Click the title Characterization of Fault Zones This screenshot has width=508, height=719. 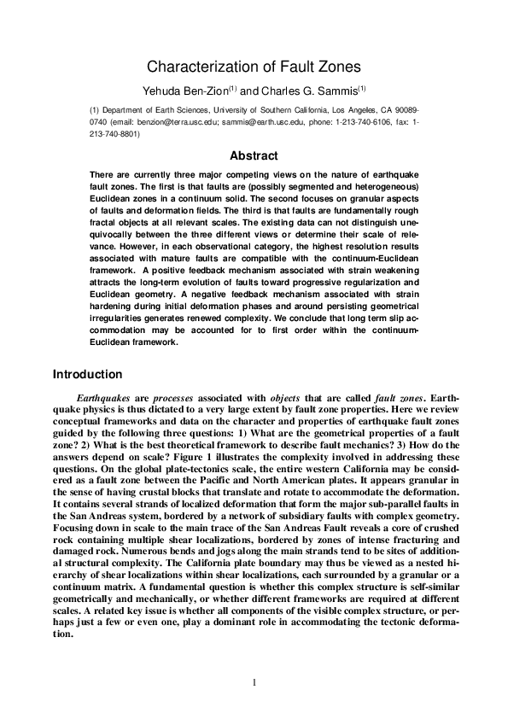[254, 66]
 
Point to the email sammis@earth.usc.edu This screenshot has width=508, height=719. [263, 122]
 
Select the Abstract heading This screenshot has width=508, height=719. [254, 155]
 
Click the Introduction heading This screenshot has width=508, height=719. [88, 374]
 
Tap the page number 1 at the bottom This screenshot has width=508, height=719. [254, 681]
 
